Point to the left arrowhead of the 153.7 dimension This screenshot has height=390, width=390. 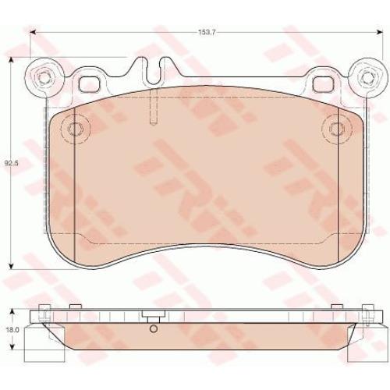(x=33, y=32)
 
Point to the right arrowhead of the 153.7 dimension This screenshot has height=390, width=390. (x=380, y=32)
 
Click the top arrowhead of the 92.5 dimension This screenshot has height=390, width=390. (x=11, y=60)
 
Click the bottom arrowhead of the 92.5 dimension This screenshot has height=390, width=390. (x=11, y=266)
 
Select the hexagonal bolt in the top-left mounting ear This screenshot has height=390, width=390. (x=44, y=77)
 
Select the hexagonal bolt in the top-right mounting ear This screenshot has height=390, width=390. (x=366, y=77)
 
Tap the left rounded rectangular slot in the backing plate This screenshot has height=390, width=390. (x=89, y=84)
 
